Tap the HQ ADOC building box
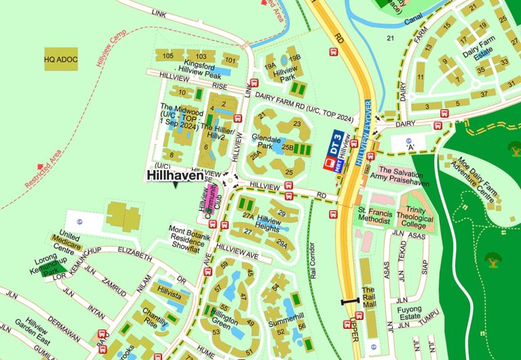point(61,60)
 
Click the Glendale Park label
point(265,141)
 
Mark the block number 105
point(168,56)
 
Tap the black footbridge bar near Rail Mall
point(350,300)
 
